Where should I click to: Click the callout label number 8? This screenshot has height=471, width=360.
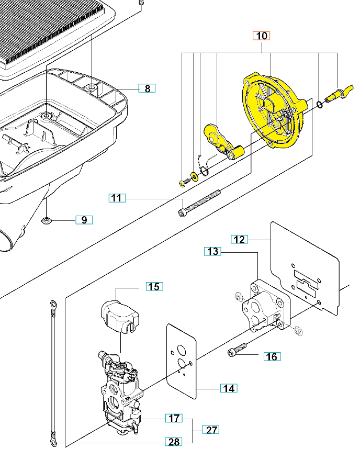(x=147, y=88)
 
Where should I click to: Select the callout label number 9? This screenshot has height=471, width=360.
(x=84, y=220)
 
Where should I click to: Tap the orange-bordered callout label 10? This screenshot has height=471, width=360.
(x=262, y=36)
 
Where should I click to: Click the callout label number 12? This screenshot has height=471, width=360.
(x=239, y=239)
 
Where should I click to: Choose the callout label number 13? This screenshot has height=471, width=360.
(x=212, y=252)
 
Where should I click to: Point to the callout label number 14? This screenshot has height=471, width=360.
(x=228, y=388)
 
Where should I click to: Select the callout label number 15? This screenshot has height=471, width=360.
(x=154, y=286)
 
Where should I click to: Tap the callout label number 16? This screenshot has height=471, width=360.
(x=272, y=357)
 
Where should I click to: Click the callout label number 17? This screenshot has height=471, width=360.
(x=174, y=418)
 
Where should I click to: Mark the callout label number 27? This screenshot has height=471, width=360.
(x=211, y=430)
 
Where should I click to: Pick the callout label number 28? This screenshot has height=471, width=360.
(x=174, y=442)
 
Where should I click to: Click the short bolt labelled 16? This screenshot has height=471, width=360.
(x=237, y=350)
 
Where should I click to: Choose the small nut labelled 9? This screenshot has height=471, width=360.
(x=47, y=220)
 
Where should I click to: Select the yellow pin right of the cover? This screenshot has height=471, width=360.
(x=337, y=94)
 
